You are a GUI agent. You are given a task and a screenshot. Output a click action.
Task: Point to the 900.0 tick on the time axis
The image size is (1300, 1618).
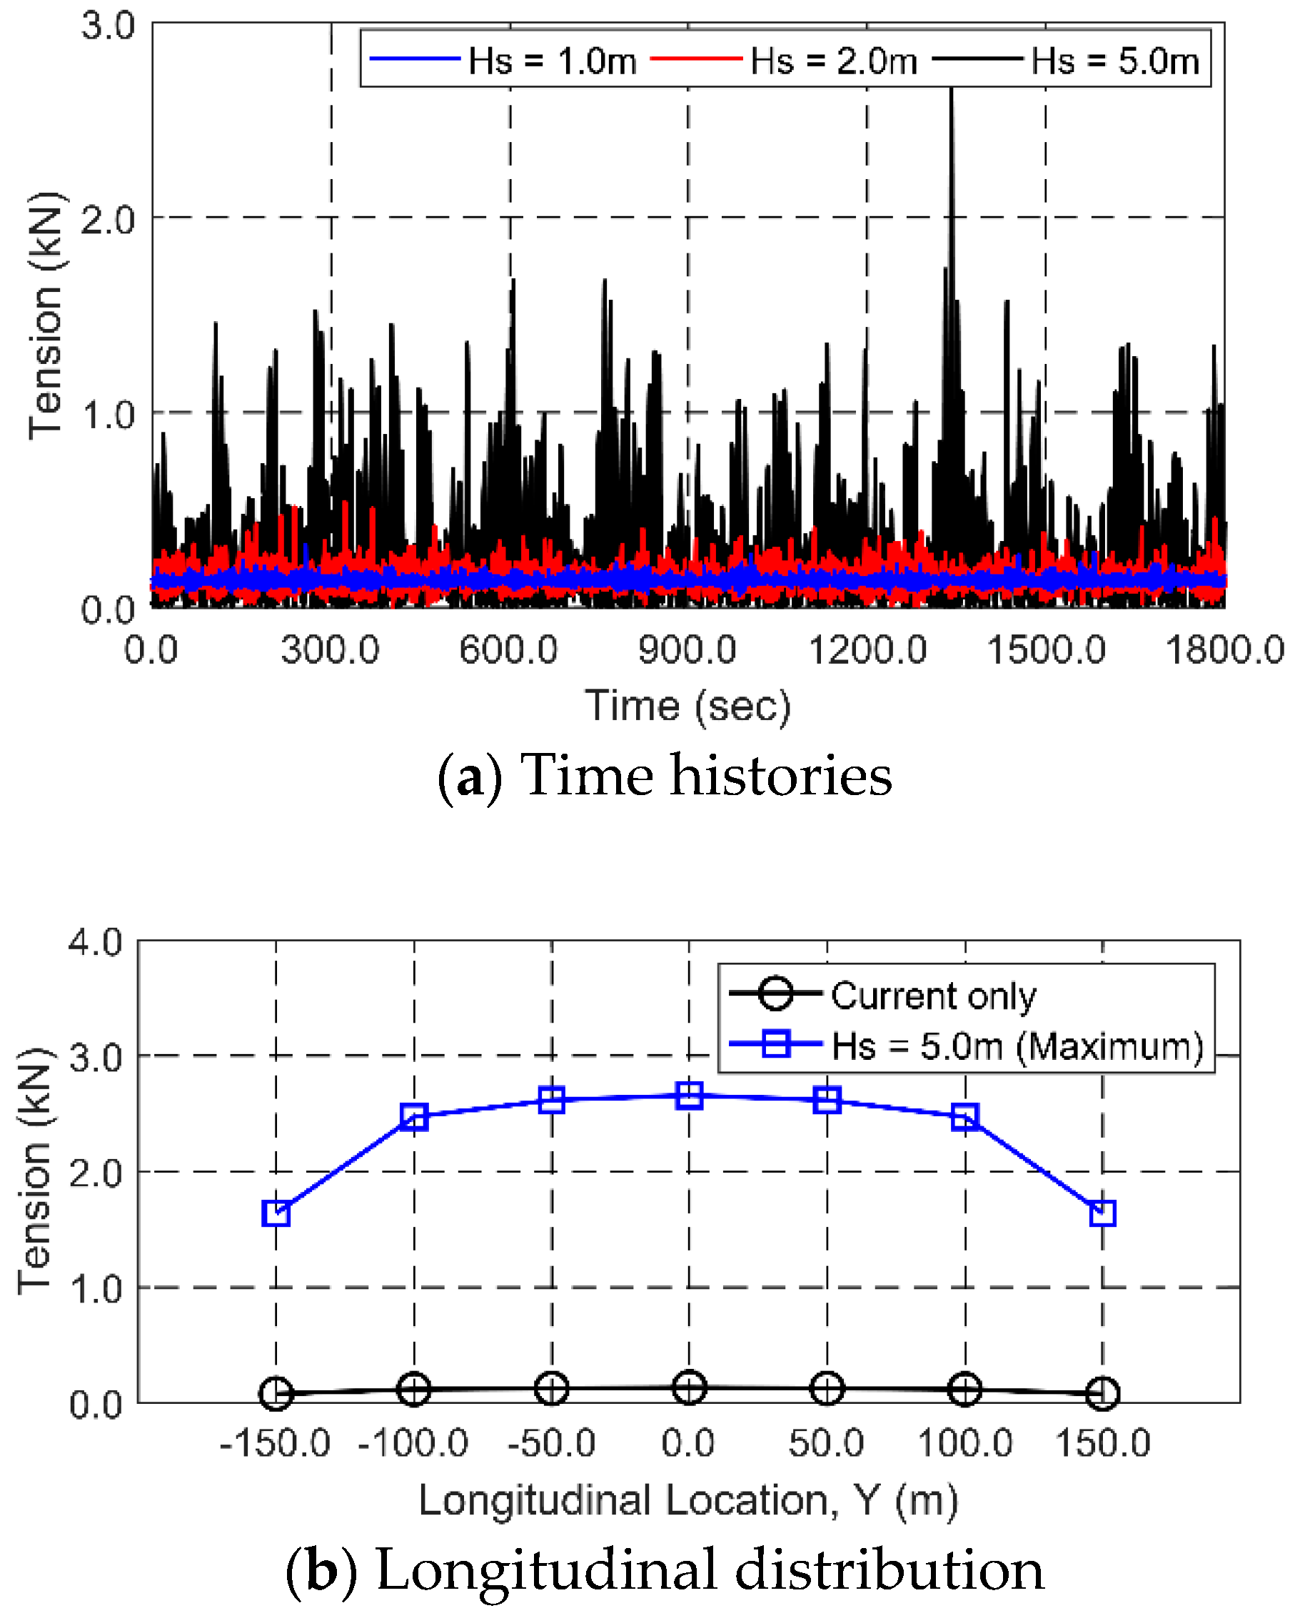pos(687,650)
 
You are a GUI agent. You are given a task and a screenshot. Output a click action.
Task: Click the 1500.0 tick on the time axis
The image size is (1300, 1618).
pos(1045,650)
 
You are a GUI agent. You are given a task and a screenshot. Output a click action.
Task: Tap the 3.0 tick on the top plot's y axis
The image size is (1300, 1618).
pos(108,26)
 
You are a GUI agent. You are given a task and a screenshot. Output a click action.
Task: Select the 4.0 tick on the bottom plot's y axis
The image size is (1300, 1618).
pos(96,942)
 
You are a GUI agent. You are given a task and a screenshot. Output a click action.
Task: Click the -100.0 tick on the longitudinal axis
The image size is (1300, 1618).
pos(413,1443)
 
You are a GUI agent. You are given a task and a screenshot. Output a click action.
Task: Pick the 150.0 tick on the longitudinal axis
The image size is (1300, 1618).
pos(1102,1443)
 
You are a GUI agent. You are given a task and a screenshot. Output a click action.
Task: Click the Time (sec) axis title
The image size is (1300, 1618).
pos(687,706)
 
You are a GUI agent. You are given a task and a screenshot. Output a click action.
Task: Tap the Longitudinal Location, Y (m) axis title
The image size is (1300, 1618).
pos(688,1501)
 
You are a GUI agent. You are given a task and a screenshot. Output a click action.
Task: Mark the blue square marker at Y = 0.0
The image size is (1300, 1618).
pos(689,1096)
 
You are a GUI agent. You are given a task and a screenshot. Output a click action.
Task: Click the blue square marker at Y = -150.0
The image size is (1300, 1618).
pos(276,1213)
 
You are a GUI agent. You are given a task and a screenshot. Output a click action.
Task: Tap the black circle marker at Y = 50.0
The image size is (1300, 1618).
pos(827,1388)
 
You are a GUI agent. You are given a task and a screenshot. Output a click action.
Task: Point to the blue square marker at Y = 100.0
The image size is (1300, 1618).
pos(964,1118)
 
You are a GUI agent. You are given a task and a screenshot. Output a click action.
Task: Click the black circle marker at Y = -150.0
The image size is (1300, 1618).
pos(276,1394)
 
